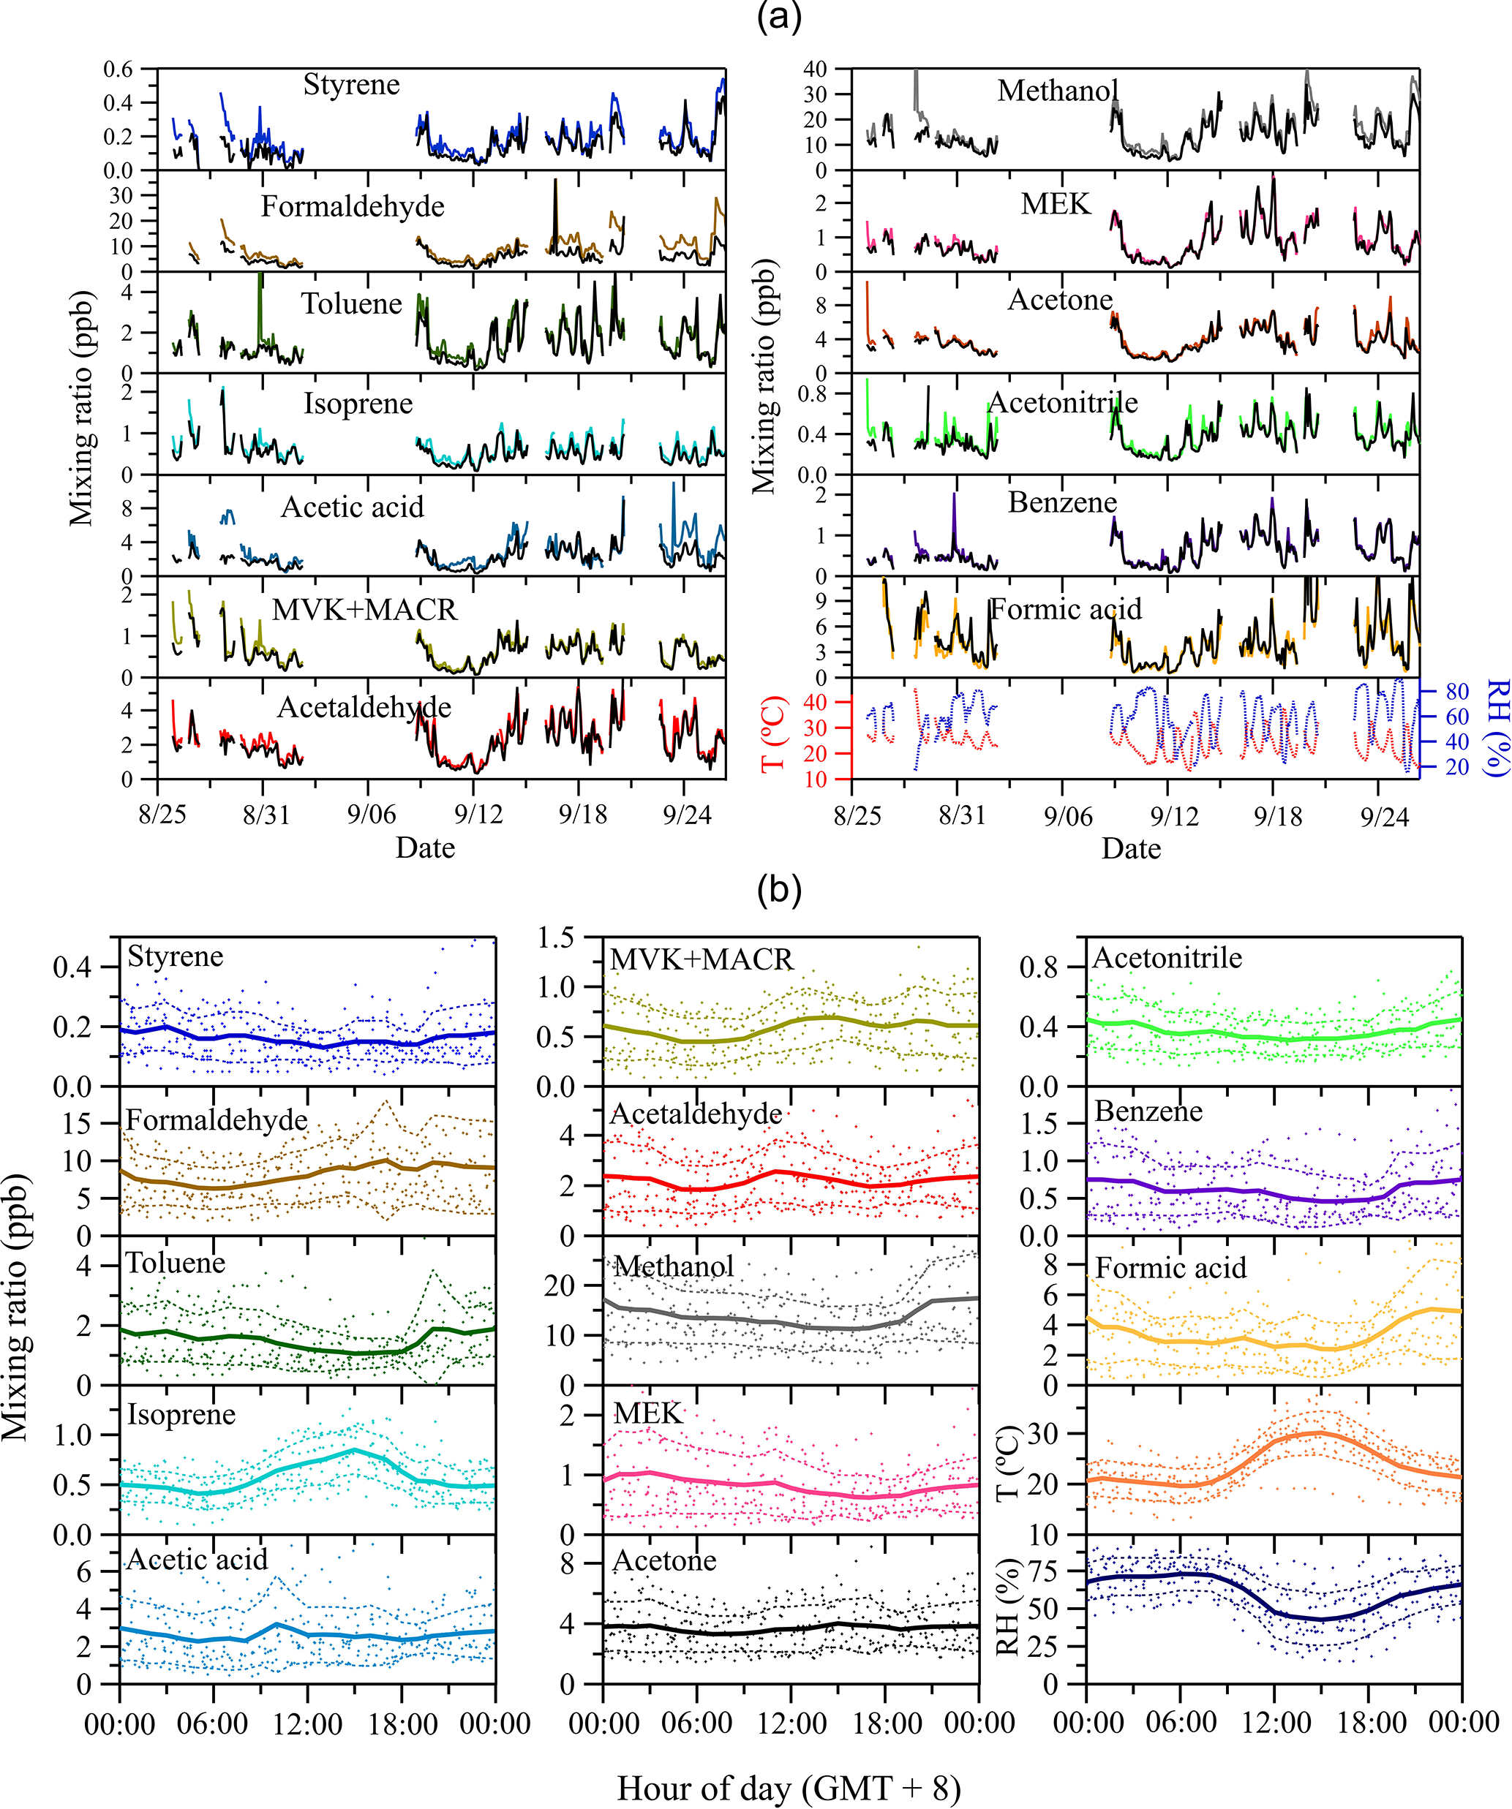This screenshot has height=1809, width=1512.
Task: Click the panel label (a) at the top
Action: click(x=778, y=18)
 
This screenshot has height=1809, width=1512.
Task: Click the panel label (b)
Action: click(x=778, y=890)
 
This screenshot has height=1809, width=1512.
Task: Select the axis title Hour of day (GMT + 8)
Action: click(x=789, y=1789)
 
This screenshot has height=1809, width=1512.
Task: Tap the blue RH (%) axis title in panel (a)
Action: click(x=1498, y=728)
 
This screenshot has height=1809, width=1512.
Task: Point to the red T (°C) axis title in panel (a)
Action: click(x=774, y=732)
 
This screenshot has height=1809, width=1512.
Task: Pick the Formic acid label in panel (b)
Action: click(x=1170, y=1267)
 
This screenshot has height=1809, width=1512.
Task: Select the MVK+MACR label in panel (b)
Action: click(x=702, y=959)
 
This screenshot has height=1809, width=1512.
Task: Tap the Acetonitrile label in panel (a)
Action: click(x=1062, y=402)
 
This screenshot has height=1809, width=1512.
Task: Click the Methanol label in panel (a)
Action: click(x=1058, y=91)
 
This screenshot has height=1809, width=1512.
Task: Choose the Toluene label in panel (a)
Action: click(x=352, y=303)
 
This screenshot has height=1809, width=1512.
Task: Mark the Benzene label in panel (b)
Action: click(x=1148, y=1111)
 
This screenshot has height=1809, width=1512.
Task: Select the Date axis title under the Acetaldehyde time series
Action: click(x=425, y=848)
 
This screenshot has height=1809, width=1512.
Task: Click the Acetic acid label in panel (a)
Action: click(x=353, y=507)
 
